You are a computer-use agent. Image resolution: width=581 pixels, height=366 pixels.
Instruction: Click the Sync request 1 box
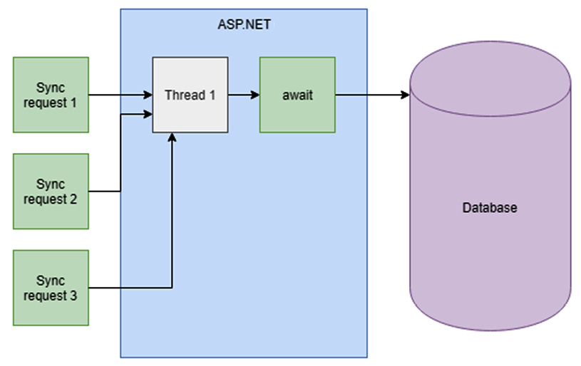pos(51,95)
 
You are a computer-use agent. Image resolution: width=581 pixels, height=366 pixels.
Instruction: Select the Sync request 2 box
pos(51,191)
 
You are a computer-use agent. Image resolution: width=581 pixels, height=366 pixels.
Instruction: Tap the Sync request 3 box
pos(51,287)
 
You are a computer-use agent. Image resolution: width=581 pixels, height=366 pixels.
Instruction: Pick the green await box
pos(297,95)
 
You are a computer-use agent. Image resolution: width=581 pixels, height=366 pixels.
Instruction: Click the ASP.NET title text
pos(244,23)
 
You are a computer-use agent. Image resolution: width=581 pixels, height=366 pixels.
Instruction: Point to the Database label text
pos(490,209)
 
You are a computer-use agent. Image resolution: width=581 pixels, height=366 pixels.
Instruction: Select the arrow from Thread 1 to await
pos(242,95)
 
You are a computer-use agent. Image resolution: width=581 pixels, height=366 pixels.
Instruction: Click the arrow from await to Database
pos(371,95)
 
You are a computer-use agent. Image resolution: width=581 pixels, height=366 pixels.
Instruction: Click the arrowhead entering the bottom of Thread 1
pos(172,137)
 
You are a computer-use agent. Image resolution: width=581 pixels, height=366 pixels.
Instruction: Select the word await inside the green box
pos(297,95)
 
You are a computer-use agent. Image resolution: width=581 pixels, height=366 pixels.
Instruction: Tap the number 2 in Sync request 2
pos(73,198)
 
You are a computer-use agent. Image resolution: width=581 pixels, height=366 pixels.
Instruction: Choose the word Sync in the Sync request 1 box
pos(51,88)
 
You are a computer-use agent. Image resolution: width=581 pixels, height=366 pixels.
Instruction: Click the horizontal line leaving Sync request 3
pos(128,288)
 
